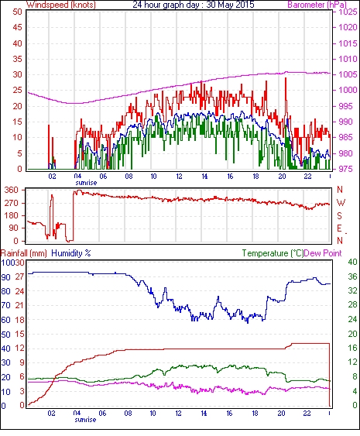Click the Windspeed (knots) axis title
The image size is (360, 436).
click(x=61, y=5)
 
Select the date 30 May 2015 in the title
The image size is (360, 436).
click(x=230, y=5)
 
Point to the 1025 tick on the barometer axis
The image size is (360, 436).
click(x=348, y=12)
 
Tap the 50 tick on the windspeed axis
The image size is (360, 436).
click(x=17, y=12)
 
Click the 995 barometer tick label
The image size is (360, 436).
click(x=348, y=106)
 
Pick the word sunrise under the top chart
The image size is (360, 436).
click(x=86, y=183)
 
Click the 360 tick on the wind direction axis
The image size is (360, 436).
click(x=12, y=191)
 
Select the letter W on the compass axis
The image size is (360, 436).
click(x=341, y=203)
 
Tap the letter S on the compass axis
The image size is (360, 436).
click(x=339, y=216)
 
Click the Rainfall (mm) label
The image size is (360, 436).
click(x=24, y=253)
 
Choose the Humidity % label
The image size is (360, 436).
click(x=71, y=253)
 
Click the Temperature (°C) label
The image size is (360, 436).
click(x=273, y=253)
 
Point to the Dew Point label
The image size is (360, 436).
click(x=323, y=253)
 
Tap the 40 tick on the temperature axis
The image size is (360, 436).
click(x=353, y=262)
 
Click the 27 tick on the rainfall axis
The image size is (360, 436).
click(x=22, y=277)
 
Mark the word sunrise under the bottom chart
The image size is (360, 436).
click(x=85, y=420)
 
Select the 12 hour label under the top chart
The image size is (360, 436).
click(x=179, y=177)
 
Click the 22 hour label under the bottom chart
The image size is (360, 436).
click(x=307, y=414)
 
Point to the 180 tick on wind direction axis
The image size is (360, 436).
click(x=12, y=215)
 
